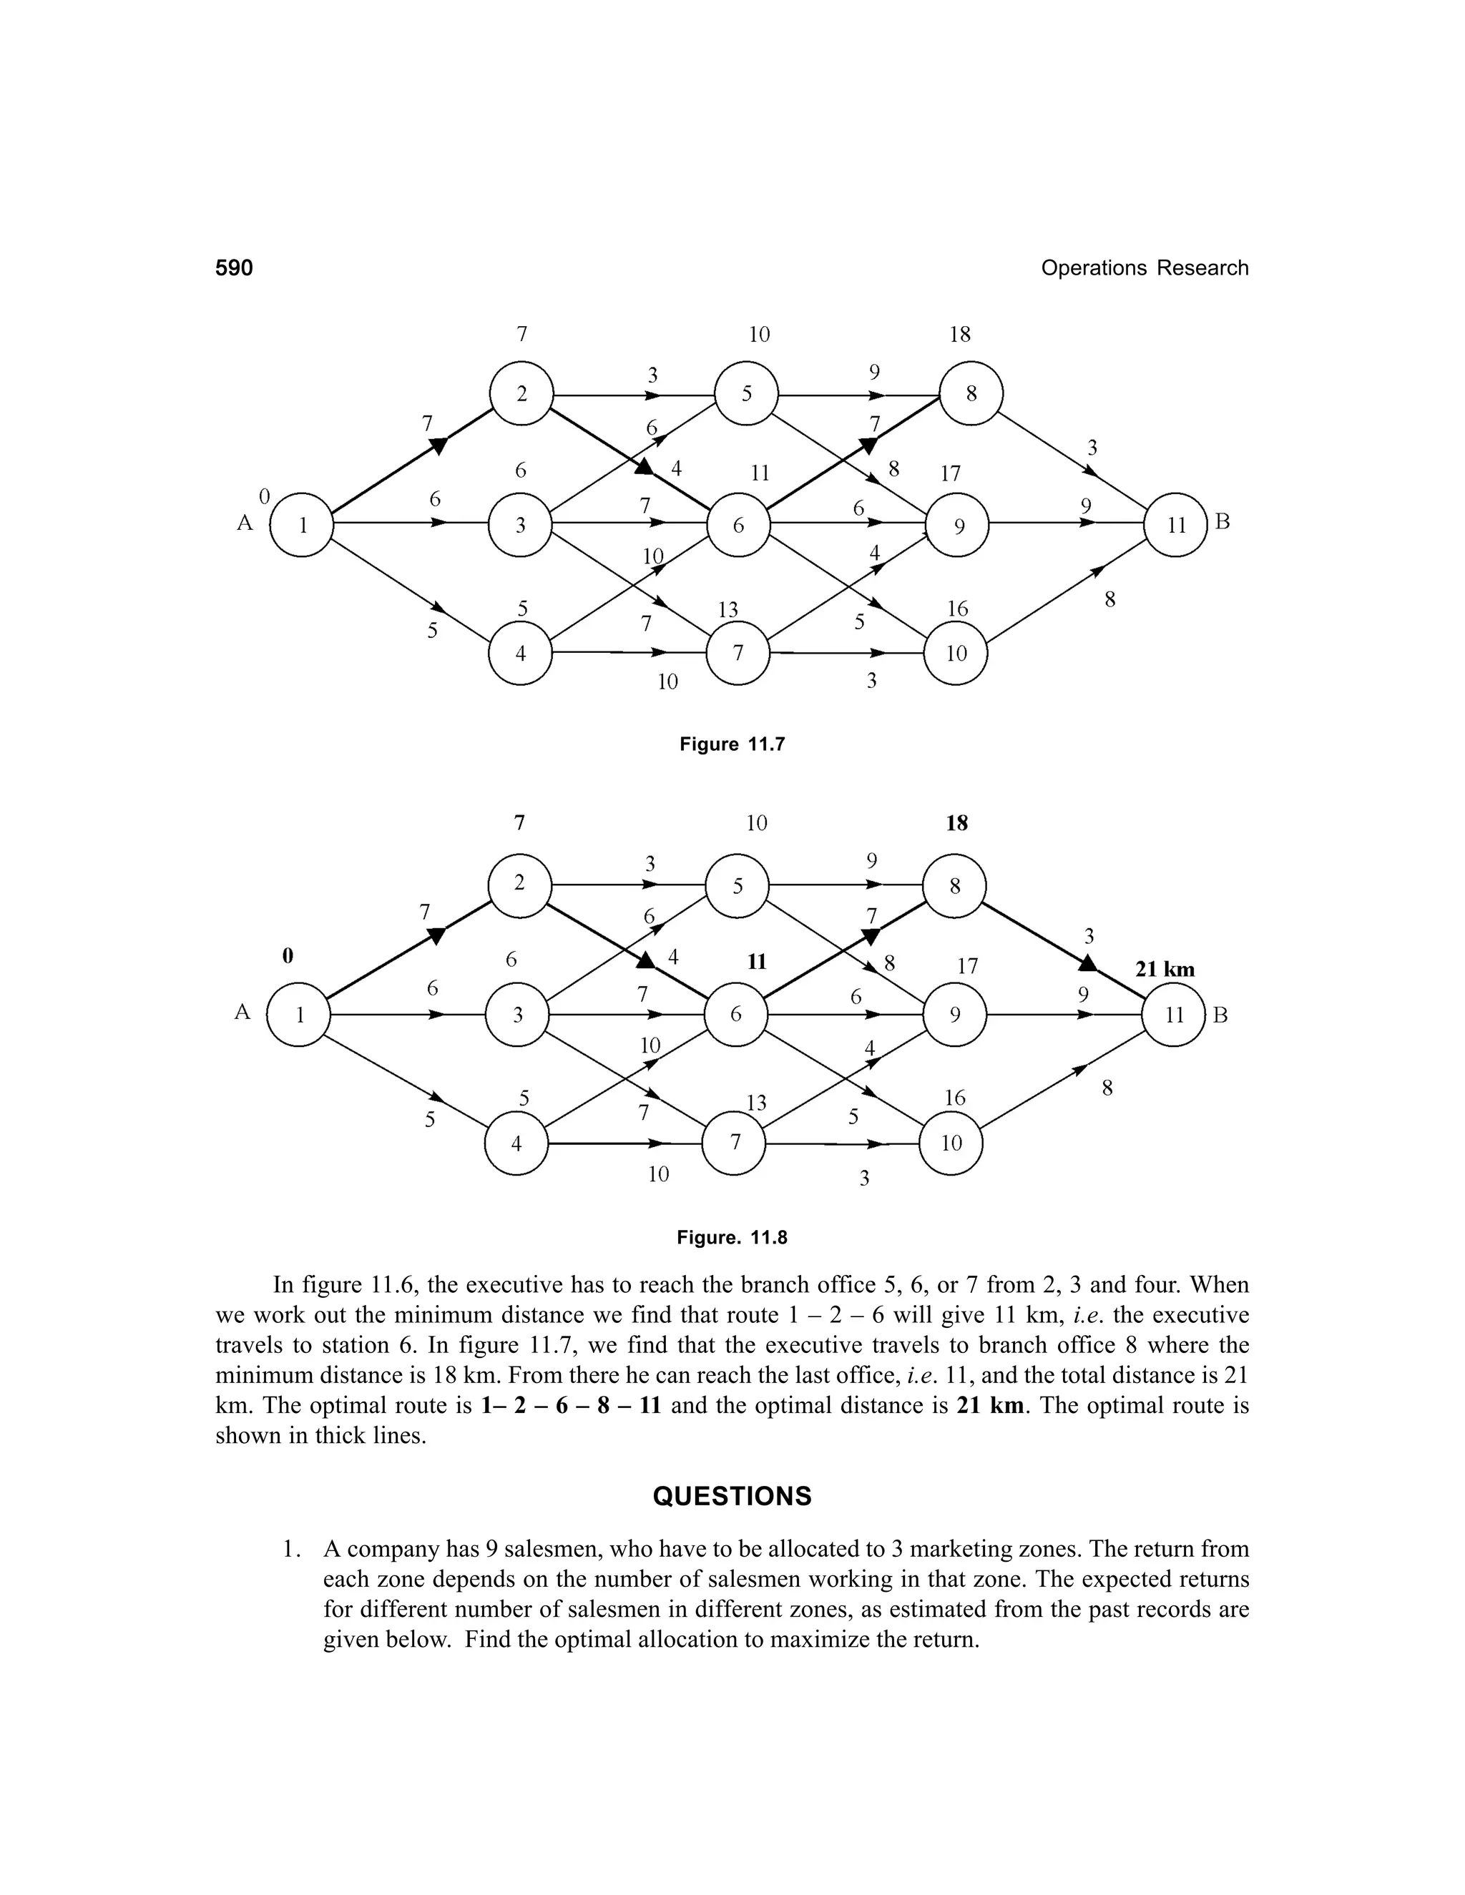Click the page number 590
235,268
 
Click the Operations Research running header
1144,268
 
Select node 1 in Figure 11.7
302,524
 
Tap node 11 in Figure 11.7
1176,525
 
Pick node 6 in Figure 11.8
736,1014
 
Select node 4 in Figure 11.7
521,654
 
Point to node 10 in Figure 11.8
951,1143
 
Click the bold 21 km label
1165,969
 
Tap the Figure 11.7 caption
732,744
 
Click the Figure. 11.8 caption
732,1237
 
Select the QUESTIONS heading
732,1497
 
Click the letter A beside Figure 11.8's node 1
242,1012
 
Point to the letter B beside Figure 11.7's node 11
1222,522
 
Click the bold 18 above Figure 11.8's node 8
956,822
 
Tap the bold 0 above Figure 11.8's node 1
288,955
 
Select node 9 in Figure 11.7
958,526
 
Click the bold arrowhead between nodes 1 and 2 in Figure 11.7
439,446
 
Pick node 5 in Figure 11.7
746,394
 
